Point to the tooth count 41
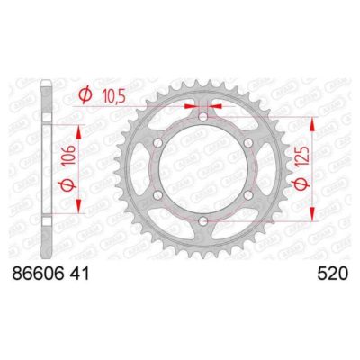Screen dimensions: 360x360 click(100, 269)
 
